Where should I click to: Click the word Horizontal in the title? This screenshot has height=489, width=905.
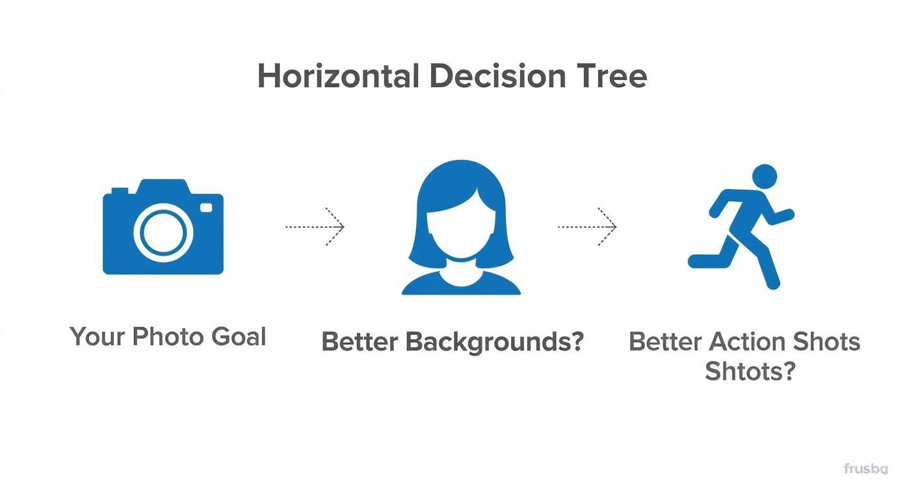(x=339, y=76)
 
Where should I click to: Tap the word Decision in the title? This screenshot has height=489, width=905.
(x=498, y=76)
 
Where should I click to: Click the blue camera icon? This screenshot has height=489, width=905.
(x=163, y=227)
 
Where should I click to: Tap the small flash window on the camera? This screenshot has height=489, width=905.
(x=206, y=207)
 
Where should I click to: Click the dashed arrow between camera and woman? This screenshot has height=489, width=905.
(x=315, y=227)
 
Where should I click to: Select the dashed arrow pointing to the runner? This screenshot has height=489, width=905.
(x=587, y=227)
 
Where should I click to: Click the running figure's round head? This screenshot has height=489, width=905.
(x=765, y=177)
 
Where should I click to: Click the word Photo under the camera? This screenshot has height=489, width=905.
(x=168, y=337)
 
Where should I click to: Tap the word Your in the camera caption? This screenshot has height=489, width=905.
(x=97, y=337)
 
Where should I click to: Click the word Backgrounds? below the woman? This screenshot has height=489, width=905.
(x=495, y=342)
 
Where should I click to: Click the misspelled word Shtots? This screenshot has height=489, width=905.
(x=750, y=371)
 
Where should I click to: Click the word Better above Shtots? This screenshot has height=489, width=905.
(x=666, y=341)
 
